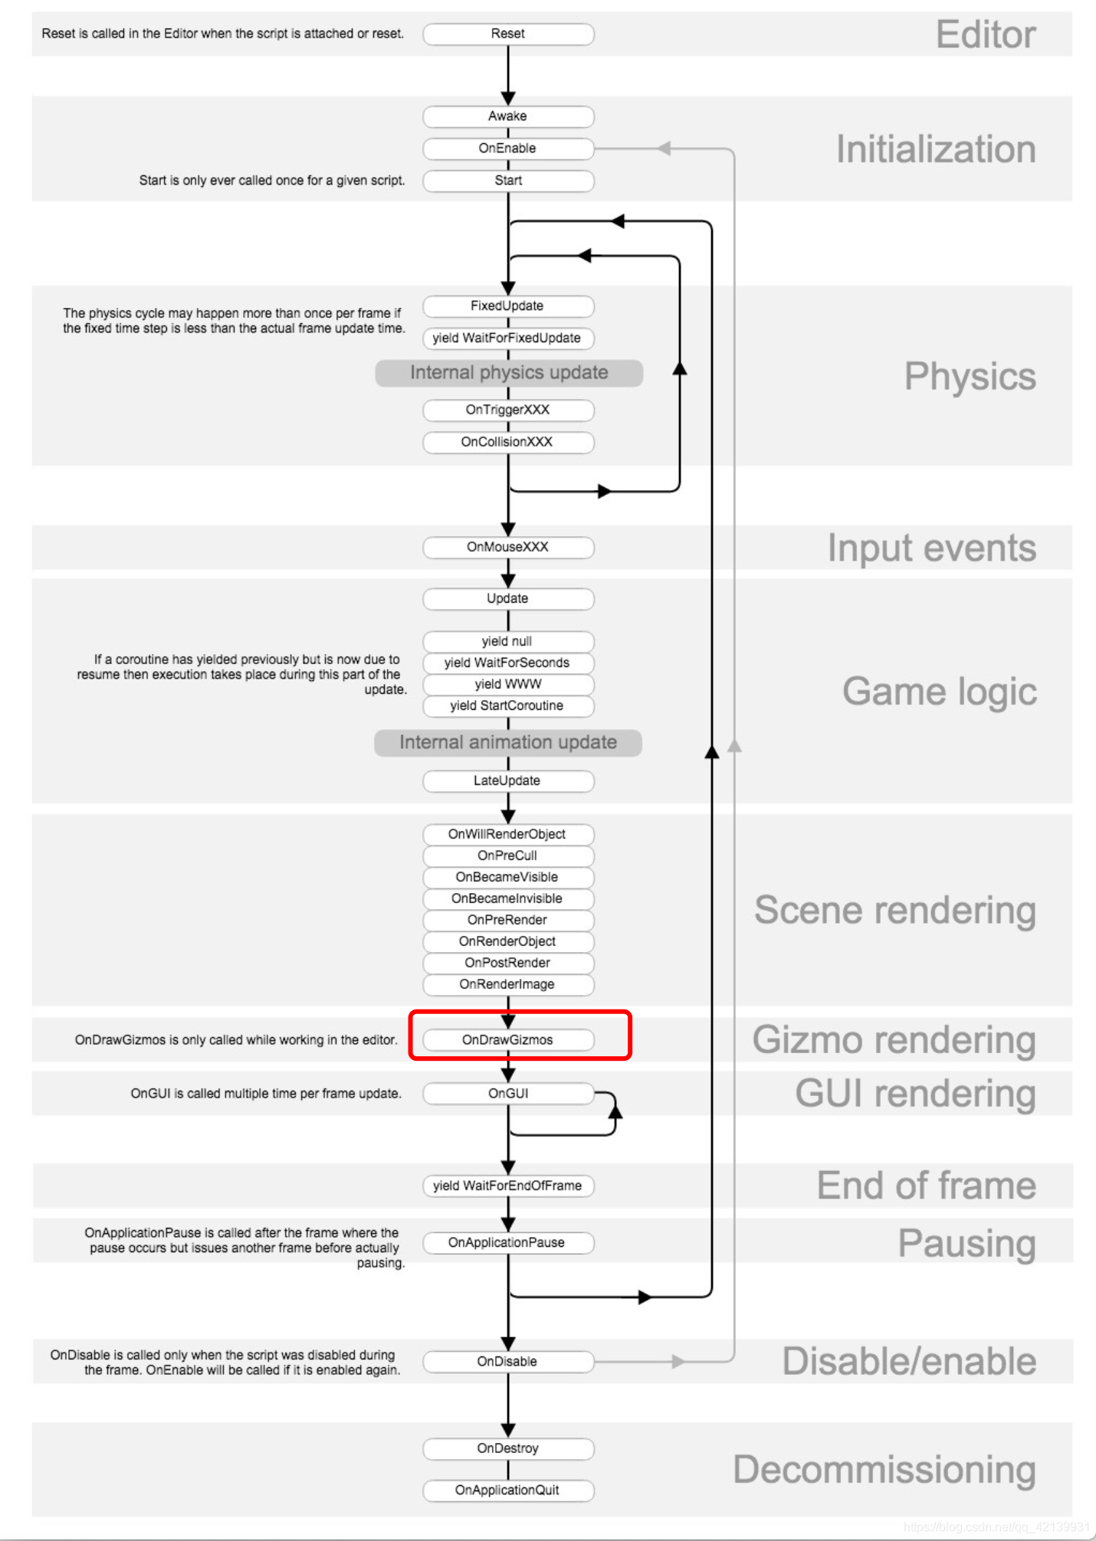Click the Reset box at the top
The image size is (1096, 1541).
pyautogui.click(x=508, y=34)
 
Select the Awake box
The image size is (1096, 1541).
pyautogui.click(x=508, y=116)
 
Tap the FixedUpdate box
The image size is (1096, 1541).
pyautogui.click(x=508, y=306)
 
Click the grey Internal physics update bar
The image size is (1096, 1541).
pyautogui.click(x=509, y=373)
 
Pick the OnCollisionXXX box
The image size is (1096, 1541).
pyautogui.click(x=508, y=442)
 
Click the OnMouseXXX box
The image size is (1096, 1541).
pyautogui.click(x=508, y=547)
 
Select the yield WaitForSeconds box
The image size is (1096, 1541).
pyautogui.click(x=508, y=663)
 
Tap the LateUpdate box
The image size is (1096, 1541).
pyautogui.click(x=508, y=780)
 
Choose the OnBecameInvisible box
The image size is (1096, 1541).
pyautogui.click(x=508, y=898)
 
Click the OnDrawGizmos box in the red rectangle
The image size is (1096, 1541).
pyautogui.click(x=508, y=1039)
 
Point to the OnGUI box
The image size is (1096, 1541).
pyautogui.click(x=508, y=1094)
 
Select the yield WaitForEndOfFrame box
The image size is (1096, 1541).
pyautogui.click(x=508, y=1186)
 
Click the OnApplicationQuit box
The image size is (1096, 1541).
pyautogui.click(x=508, y=1490)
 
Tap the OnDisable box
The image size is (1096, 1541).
pyautogui.click(x=508, y=1361)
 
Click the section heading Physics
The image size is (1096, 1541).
pyautogui.click(x=970, y=377)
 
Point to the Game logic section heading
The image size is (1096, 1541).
pyautogui.click(x=939, y=692)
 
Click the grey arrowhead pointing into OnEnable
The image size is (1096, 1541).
pyautogui.click(x=664, y=149)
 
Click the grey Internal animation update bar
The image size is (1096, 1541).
pyautogui.click(x=508, y=743)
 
